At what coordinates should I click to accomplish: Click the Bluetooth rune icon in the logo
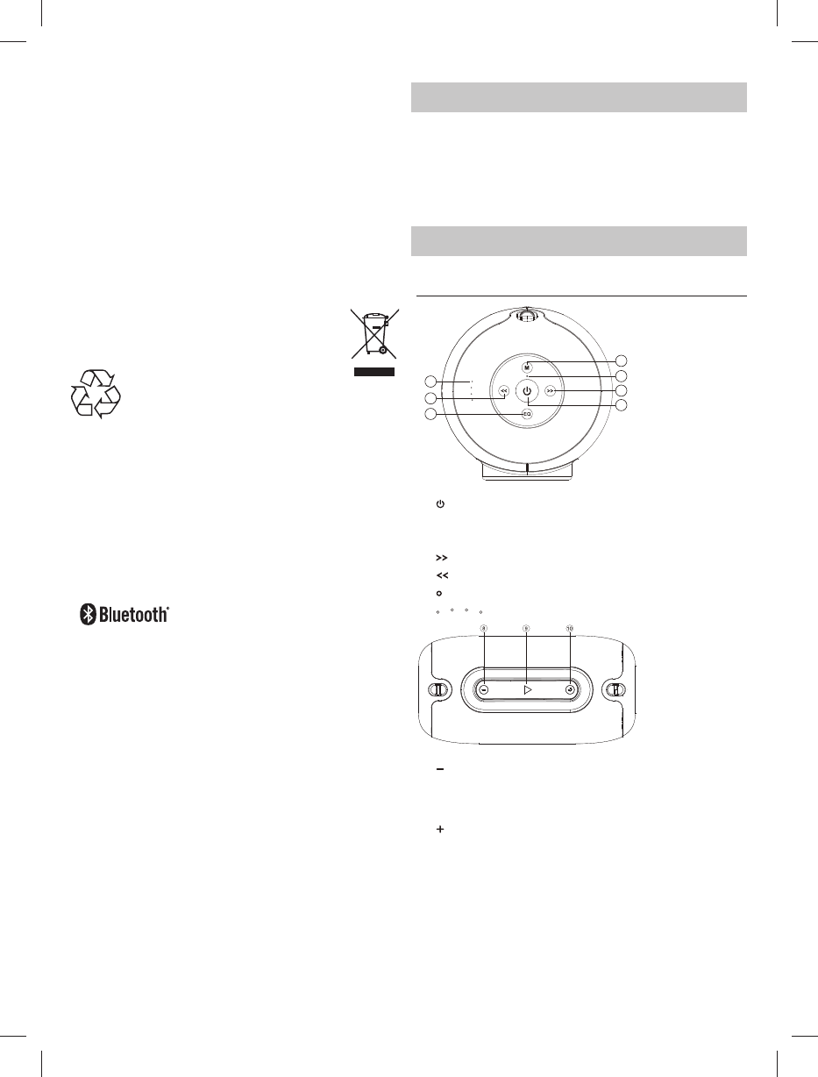pyautogui.click(x=88, y=614)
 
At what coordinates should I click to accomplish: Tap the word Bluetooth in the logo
pyautogui.click(x=134, y=614)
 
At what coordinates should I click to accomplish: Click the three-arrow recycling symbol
pyautogui.click(x=96, y=394)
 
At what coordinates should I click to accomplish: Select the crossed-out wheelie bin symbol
pyautogui.click(x=374, y=333)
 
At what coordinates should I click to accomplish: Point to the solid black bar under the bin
pyautogui.click(x=374, y=372)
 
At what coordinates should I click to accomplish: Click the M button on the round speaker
pyautogui.click(x=527, y=367)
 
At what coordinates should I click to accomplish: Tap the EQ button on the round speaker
pyautogui.click(x=527, y=414)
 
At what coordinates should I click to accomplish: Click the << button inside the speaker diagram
pyautogui.click(x=503, y=391)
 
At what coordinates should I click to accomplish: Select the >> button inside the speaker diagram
pyautogui.click(x=551, y=391)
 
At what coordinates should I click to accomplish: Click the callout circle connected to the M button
pyautogui.click(x=621, y=360)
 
